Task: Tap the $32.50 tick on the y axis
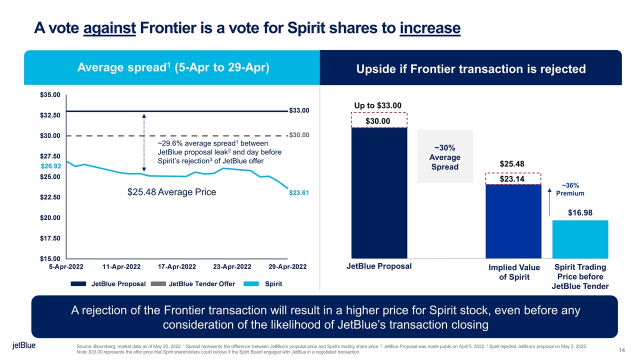[x=50, y=115]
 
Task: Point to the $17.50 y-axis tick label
[x=50, y=238]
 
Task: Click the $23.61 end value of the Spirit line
[x=299, y=193]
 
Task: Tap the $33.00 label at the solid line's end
[x=299, y=110]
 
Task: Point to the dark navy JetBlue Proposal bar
[x=379, y=192]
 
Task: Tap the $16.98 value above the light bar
[x=580, y=213]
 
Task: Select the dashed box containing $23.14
[x=513, y=179]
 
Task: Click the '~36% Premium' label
[x=570, y=189]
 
